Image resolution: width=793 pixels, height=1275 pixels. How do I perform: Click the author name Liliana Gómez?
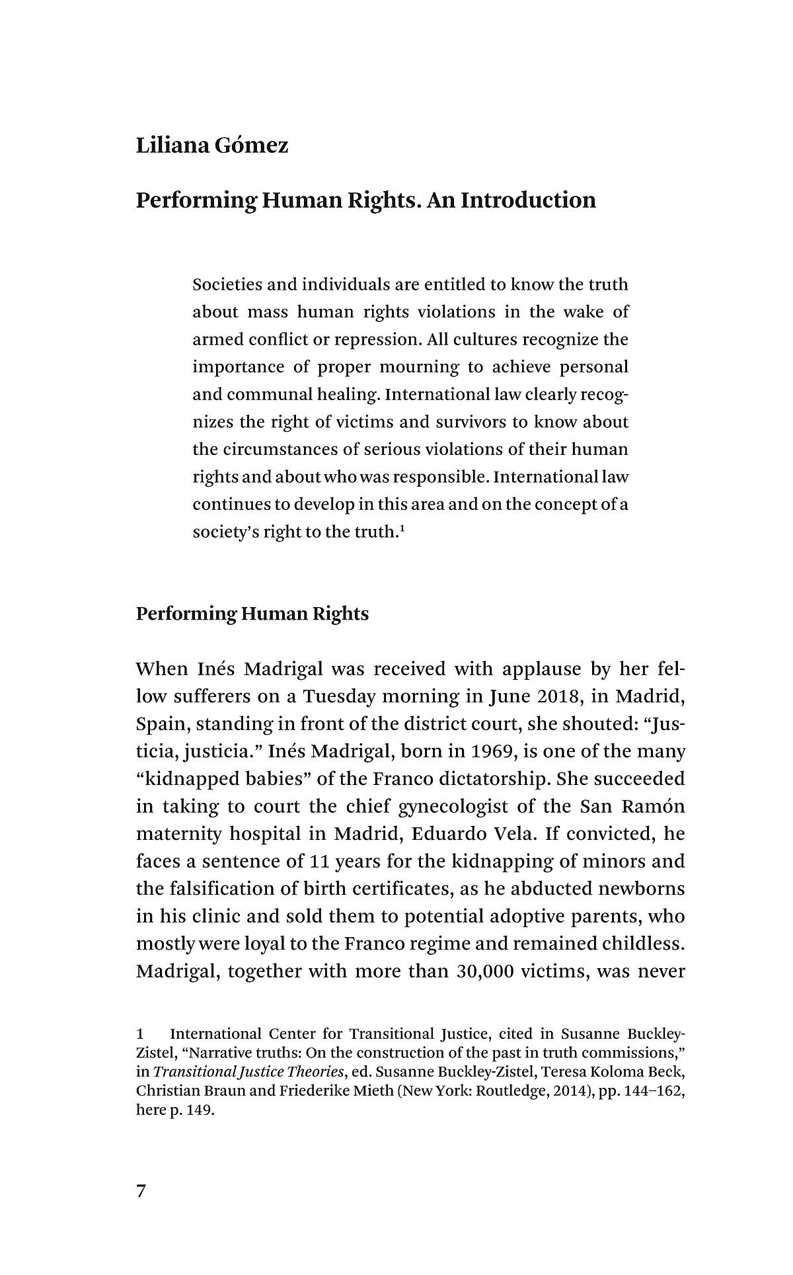(x=212, y=145)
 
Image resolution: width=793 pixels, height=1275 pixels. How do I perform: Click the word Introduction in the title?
(x=528, y=200)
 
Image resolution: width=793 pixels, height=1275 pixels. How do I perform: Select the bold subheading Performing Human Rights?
(x=252, y=614)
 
